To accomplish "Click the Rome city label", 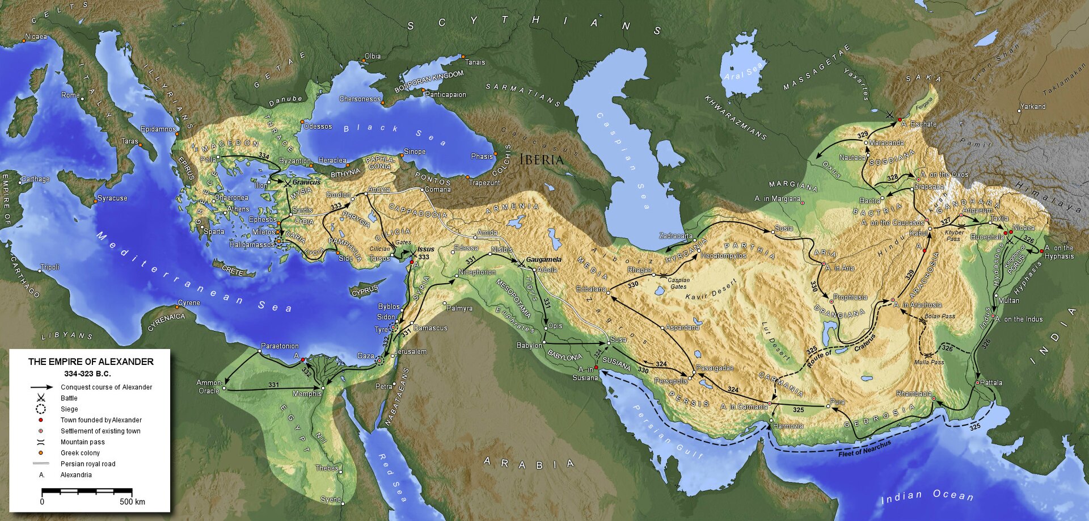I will [70, 95].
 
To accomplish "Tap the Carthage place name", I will [35, 179].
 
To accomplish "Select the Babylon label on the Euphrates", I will [529, 346].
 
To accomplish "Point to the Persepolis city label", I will [671, 381].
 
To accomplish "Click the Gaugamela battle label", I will [543, 260].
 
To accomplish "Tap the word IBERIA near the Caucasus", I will [541, 160].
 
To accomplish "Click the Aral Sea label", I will [744, 72].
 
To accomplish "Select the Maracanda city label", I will [886, 143].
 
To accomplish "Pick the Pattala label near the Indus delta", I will [991, 383].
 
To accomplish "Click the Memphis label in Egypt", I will [307, 394].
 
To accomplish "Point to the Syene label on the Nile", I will [330, 500].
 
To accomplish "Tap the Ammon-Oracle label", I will [209, 386].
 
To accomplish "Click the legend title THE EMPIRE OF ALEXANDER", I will [91, 362].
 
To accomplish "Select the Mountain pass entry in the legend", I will [82, 442].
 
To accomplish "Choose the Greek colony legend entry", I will [80, 453].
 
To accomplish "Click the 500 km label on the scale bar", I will [132, 502].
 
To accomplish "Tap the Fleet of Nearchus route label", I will [864, 448].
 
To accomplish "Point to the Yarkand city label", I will [1033, 107].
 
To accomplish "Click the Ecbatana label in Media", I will [591, 289].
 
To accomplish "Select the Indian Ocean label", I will [927, 496].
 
